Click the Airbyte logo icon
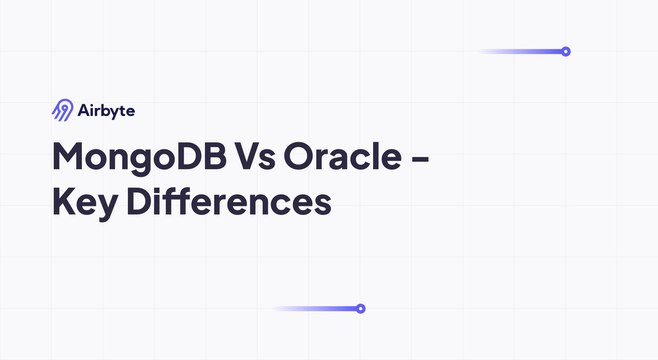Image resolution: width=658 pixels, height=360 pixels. click(x=63, y=110)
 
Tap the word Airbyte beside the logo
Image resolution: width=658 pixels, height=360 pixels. click(x=106, y=111)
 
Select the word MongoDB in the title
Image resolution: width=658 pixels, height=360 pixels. click(x=139, y=156)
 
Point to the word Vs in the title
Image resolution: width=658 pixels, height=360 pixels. click(x=255, y=156)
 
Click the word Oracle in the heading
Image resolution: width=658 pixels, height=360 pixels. click(x=343, y=156)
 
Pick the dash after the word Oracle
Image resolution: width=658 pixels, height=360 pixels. click(x=420, y=158)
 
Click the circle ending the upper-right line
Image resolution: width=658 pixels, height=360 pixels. click(x=566, y=51)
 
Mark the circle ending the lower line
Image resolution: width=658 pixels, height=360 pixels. click(x=361, y=309)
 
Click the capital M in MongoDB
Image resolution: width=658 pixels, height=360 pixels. click(x=68, y=156)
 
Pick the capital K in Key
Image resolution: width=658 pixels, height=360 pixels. click(x=64, y=201)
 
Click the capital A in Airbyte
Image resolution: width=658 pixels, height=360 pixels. click(x=84, y=110)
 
